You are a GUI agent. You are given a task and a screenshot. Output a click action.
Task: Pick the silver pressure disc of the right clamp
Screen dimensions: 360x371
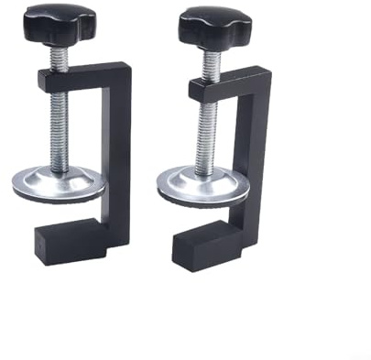click(x=203, y=187)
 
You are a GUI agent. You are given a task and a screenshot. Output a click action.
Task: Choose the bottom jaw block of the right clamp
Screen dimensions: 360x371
click(x=220, y=245)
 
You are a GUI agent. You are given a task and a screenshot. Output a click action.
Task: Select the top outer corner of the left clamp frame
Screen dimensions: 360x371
click(x=127, y=66)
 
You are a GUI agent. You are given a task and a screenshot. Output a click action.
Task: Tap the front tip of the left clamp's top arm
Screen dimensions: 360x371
click(x=43, y=80)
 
